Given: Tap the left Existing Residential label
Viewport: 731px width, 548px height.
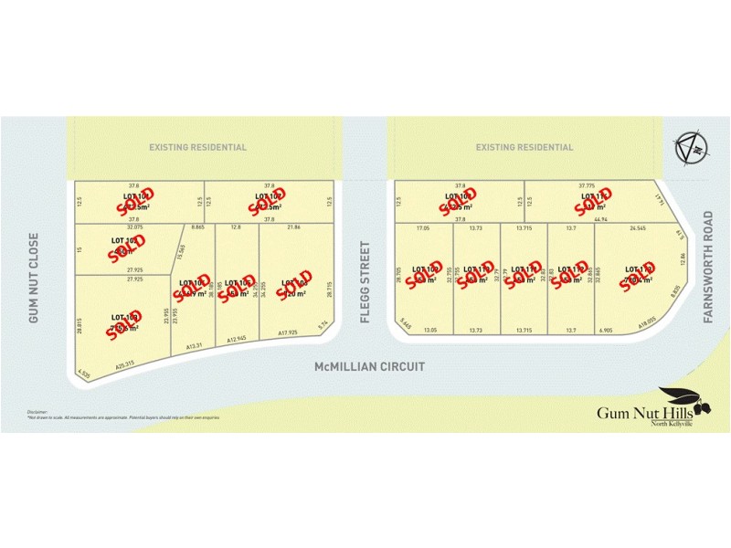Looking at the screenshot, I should [x=198, y=147].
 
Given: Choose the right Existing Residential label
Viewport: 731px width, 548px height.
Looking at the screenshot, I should [x=524, y=147].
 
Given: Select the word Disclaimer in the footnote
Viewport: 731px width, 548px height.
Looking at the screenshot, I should [x=37, y=412].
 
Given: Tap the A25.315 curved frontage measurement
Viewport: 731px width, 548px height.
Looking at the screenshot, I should [x=124, y=364].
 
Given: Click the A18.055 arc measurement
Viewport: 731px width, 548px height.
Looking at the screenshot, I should [x=648, y=323].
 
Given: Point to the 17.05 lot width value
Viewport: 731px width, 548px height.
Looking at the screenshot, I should [x=422, y=227].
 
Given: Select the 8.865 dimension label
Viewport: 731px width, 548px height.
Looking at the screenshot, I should [x=197, y=227].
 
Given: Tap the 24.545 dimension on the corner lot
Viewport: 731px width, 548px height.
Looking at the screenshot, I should [x=637, y=227].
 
